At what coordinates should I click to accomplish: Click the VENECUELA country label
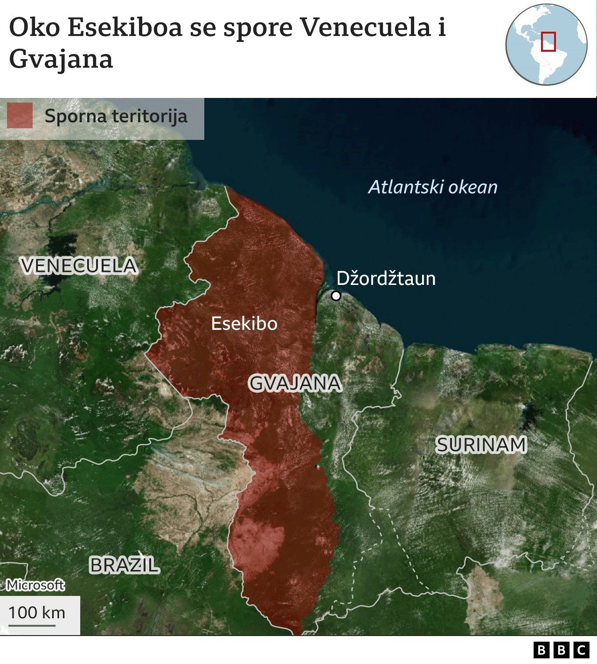pos(79,266)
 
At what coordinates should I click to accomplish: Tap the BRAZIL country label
pos(124,565)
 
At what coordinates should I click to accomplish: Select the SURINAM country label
pos(481,445)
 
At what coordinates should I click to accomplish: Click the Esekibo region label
pos(244,324)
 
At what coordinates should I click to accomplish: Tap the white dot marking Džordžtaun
pos(336,296)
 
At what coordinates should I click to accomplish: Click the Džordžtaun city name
pos(386,278)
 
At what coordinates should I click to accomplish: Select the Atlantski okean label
pos(433,187)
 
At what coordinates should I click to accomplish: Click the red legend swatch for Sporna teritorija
pos(20,116)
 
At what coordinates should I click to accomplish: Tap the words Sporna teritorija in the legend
pos(116,116)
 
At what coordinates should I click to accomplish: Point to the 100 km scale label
pos(37,613)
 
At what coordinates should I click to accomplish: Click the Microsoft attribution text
pos(35,585)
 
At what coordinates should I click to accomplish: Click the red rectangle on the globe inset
pos(548,41)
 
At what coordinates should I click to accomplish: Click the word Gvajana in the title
pos(61,60)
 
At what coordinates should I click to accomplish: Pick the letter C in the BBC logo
pos(581,650)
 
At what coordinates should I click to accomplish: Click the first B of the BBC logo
pos(541,650)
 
